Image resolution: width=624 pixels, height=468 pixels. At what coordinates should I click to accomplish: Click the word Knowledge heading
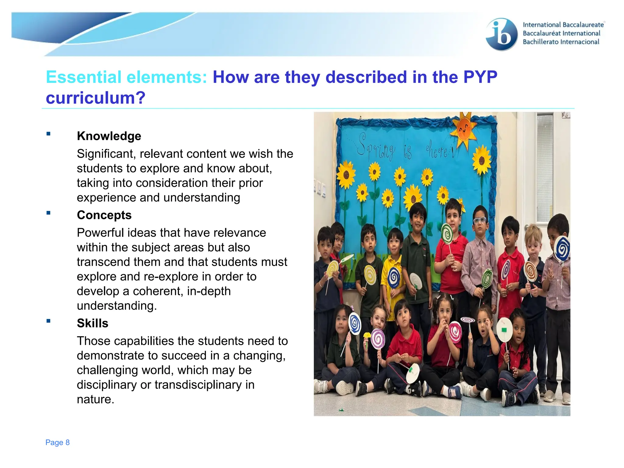[x=109, y=136]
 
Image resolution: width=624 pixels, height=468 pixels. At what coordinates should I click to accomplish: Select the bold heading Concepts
[x=104, y=215]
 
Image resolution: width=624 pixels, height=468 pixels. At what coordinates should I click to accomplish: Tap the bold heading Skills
[x=92, y=323]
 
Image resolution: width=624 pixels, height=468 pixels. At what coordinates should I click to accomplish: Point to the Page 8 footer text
[x=57, y=442]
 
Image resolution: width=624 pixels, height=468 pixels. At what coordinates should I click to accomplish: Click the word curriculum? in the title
[x=95, y=98]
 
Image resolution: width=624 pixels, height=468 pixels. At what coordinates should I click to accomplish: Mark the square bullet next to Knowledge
[x=48, y=133]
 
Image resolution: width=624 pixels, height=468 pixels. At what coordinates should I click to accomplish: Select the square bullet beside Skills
[x=48, y=321]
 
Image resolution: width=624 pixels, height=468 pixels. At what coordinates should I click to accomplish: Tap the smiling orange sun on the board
[x=464, y=129]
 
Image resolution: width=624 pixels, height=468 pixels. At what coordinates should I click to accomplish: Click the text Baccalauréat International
[x=561, y=33]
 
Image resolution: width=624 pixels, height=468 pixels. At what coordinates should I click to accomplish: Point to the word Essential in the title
[x=84, y=77]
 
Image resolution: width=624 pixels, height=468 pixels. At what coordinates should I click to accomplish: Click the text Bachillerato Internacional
[x=561, y=42]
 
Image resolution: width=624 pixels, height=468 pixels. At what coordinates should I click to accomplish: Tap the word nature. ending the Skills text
[x=95, y=399]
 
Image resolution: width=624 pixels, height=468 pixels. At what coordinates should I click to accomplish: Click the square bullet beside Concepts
[x=48, y=213]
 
